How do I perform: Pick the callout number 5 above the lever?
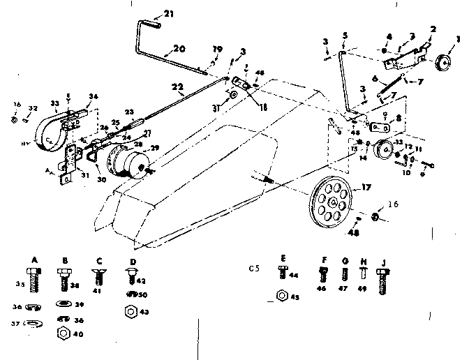pos(345,36)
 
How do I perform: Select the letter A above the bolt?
pos(34,257)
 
